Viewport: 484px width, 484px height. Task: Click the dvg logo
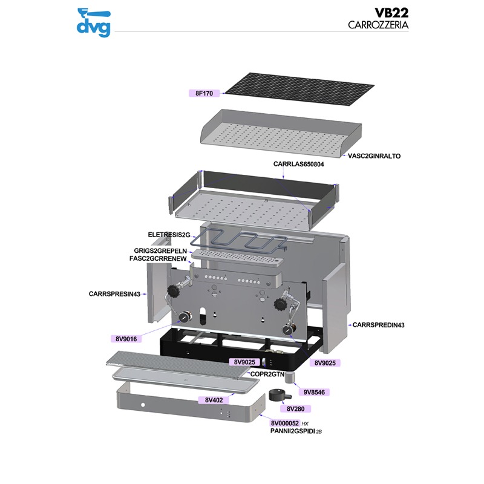click(x=94, y=22)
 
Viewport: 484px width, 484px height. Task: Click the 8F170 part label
click(x=204, y=93)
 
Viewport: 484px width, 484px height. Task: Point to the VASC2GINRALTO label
click(x=374, y=155)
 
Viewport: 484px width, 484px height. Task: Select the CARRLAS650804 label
click(x=303, y=164)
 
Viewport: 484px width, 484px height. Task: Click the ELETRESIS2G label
click(x=169, y=234)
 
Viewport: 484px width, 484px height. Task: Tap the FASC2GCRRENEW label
click(x=159, y=258)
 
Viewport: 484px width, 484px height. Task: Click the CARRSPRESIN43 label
click(x=114, y=294)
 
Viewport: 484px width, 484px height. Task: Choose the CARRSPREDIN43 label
click(x=378, y=325)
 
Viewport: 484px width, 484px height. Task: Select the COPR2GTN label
click(x=267, y=374)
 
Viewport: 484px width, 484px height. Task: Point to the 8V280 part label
click(x=299, y=409)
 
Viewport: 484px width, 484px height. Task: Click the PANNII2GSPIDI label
click(x=292, y=431)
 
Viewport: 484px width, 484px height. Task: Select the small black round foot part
click(x=278, y=397)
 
